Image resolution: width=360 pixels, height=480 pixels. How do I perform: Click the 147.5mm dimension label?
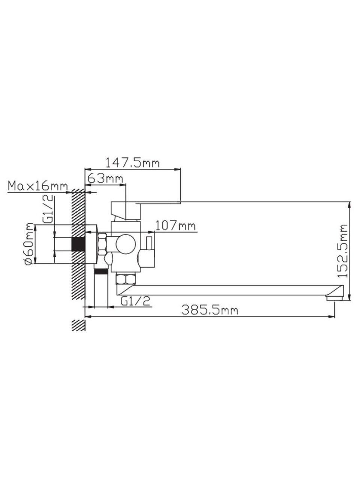point(133,163)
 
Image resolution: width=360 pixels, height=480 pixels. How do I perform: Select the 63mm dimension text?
point(105,178)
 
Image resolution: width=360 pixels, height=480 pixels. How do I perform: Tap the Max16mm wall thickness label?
point(37,186)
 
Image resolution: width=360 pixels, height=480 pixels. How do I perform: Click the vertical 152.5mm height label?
point(342,254)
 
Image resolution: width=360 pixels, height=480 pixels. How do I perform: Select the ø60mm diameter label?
point(30,244)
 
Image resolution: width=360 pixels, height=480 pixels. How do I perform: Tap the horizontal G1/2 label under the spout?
point(135,301)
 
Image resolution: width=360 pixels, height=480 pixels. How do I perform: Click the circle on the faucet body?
point(126,243)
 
